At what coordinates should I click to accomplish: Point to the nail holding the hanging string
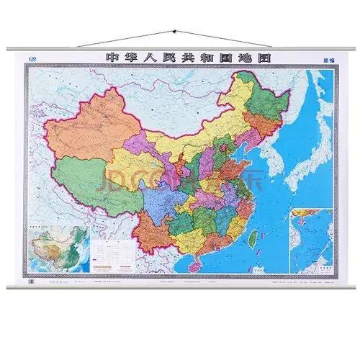[174, 30]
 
